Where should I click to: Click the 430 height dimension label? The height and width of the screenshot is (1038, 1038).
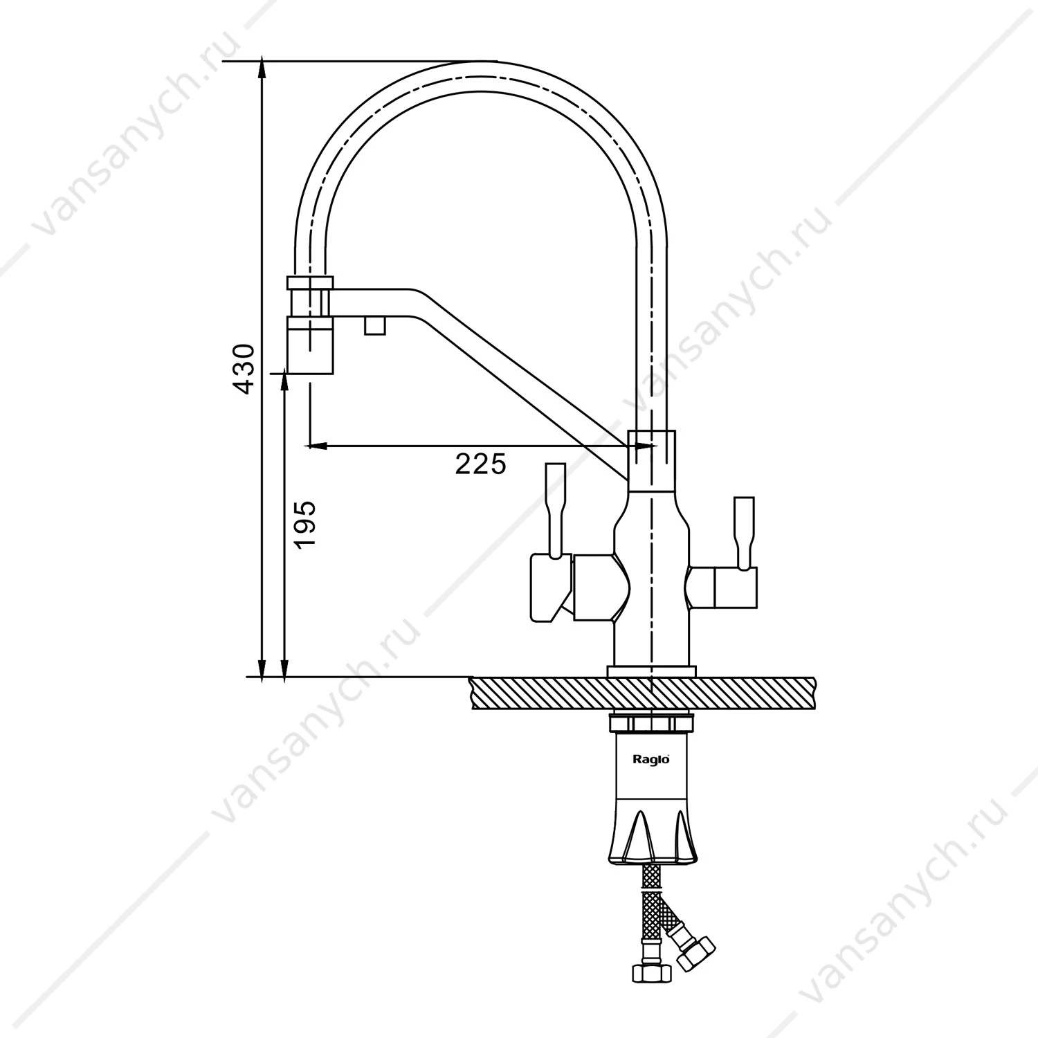click(244, 368)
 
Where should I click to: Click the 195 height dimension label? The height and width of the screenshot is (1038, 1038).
click(304, 524)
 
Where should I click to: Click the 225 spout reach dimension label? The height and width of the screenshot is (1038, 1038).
click(480, 464)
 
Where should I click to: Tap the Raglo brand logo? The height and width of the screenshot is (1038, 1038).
click(651, 759)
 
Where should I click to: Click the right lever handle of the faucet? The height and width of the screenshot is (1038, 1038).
click(744, 533)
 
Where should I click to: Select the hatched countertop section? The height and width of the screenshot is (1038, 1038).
click(643, 693)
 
